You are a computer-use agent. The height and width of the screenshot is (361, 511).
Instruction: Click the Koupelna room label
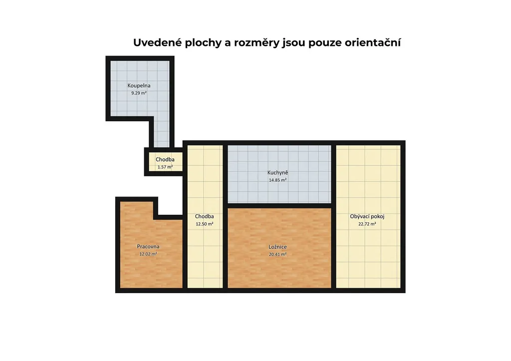(139, 86)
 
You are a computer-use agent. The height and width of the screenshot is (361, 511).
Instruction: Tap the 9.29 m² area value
(139, 93)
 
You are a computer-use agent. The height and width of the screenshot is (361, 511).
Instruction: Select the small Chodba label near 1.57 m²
(165, 160)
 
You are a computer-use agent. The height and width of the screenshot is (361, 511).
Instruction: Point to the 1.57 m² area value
(165, 167)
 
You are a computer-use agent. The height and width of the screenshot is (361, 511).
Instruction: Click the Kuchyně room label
(277, 173)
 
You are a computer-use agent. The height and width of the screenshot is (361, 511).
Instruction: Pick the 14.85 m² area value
(277, 180)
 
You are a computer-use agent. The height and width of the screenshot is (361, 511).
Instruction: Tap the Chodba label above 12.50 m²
(204, 216)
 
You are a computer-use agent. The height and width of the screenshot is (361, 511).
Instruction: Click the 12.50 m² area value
(204, 224)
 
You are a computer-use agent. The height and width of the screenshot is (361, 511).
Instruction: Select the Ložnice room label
(277, 247)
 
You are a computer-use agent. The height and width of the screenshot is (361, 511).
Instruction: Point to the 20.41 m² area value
(277, 255)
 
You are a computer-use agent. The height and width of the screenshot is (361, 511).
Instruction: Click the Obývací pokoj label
(367, 216)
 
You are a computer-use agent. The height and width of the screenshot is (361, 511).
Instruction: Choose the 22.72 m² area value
(367, 224)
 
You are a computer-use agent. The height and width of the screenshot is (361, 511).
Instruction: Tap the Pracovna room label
(148, 247)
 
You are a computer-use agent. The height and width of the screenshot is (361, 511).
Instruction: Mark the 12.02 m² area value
(148, 254)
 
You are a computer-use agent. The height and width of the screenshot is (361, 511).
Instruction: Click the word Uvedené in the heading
(158, 43)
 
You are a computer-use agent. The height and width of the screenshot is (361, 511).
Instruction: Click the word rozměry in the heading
(257, 43)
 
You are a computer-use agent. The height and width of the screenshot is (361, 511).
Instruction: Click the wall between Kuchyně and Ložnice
(279, 205)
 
